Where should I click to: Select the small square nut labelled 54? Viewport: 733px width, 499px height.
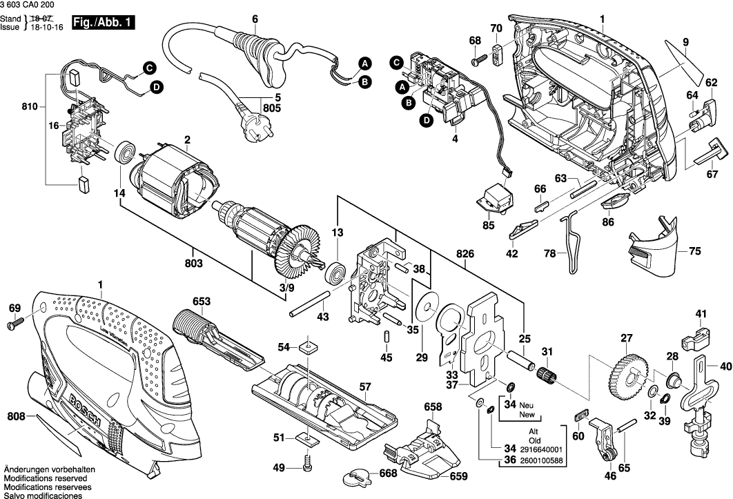click(x=306, y=347)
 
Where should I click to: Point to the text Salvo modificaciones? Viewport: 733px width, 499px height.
click(x=43, y=494)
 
